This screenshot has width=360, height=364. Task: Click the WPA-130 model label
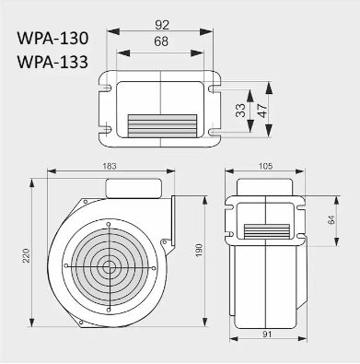[x=52, y=39]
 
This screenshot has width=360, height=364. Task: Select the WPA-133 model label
[x=52, y=62]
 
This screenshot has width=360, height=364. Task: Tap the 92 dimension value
[x=162, y=25]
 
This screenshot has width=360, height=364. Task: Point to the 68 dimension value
[x=161, y=41]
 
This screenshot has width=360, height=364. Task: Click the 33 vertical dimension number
[x=241, y=110]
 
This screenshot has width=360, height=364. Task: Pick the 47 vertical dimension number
[x=262, y=111]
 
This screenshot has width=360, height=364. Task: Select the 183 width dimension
[x=110, y=166]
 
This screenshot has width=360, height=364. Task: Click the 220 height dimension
[x=27, y=255]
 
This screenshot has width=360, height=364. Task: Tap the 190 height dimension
[x=199, y=251]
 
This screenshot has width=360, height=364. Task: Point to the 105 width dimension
[x=265, y=166]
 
